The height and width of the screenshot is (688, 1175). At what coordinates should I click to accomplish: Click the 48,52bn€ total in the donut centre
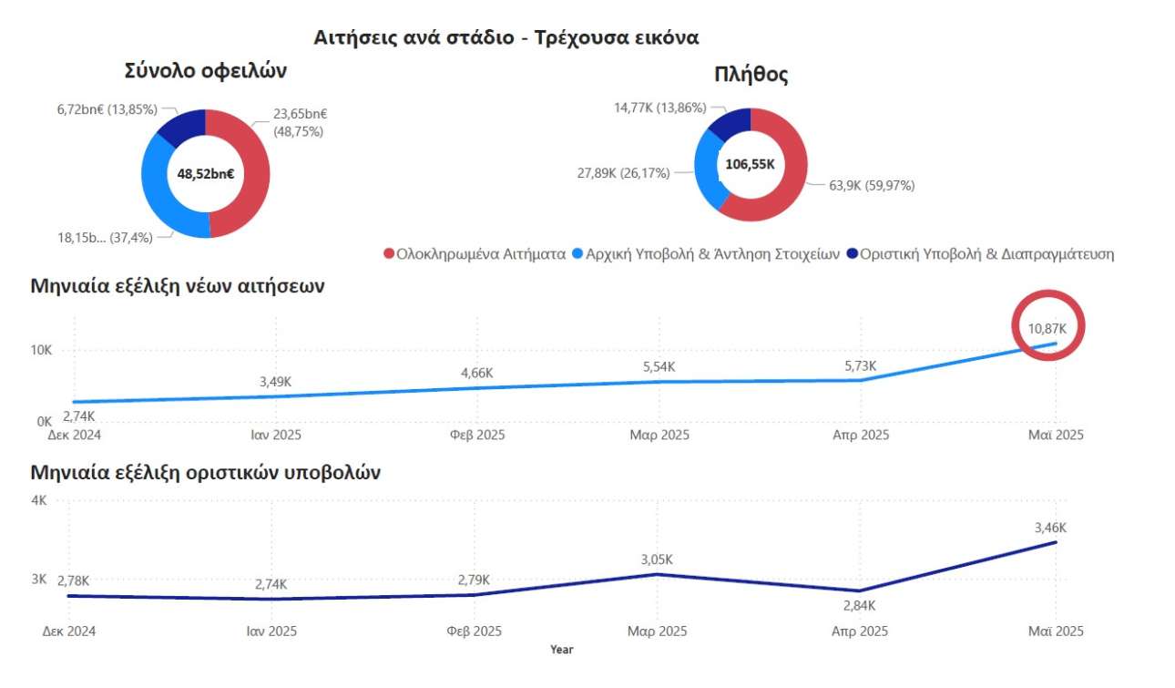206,173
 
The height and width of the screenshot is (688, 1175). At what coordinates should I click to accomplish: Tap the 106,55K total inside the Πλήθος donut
750,164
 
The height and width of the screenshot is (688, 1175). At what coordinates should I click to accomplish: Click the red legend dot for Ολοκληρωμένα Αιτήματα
390,253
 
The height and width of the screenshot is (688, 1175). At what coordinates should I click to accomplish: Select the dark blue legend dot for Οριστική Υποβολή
853,253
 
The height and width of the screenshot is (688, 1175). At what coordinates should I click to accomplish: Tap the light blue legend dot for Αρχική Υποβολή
577,253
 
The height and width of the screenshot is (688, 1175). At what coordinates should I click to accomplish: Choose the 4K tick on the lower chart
39,500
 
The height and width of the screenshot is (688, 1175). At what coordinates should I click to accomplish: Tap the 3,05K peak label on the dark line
656,560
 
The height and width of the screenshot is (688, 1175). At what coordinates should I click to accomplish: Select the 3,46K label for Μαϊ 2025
1050,528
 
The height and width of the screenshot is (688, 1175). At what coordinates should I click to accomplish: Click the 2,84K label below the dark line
859,606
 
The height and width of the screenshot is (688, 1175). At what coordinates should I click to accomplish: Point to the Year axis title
562,650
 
